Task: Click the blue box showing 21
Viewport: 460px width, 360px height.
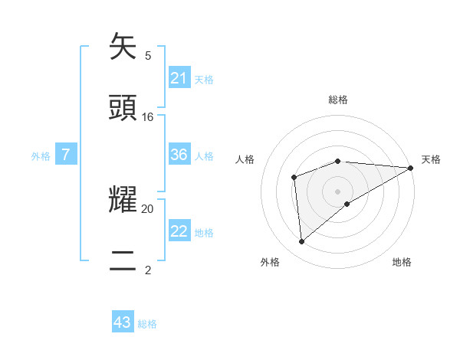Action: pos(179,78)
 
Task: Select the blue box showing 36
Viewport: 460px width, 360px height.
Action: pos(179,155)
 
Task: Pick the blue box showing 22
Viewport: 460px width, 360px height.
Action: pos(179,232)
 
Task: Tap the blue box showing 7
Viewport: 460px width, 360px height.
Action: pos(66,155)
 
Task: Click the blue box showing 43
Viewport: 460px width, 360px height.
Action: pos(123,322)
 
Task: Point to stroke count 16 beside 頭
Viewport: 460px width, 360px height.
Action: pos(148,117)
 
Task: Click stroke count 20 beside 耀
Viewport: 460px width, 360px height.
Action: pos(148,208)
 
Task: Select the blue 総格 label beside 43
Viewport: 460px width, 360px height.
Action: pos(147,324)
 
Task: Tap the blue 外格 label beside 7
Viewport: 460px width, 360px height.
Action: pos(41,156)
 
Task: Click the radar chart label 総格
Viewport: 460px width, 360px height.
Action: pos(338,100)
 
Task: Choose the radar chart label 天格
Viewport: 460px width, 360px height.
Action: pos(431,159)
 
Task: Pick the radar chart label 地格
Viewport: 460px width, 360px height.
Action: pos(402,262)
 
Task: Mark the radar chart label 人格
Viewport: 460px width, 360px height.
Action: pos(245,159)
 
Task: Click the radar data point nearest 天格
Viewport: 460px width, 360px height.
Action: pos(411,168)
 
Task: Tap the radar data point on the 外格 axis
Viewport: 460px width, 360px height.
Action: pos(302,241)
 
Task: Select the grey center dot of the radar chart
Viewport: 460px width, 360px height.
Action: pos(338,191)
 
